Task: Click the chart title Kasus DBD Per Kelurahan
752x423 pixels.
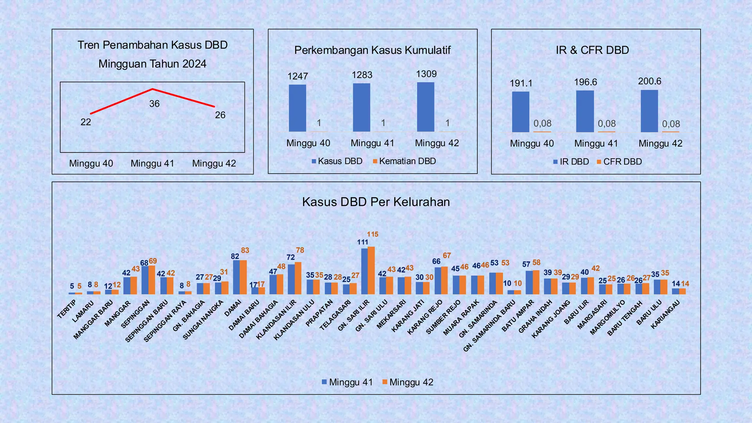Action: [376, 202]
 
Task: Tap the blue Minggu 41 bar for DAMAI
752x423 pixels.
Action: [236, 277]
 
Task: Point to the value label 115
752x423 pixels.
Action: [372, 234]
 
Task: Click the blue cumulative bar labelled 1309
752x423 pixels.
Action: [426, 107]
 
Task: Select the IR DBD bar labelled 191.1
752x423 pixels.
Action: [520, 112]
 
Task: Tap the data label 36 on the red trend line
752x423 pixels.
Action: [154, 104]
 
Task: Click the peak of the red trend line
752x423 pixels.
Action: [152, 89]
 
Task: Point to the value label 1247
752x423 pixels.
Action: [297, 76]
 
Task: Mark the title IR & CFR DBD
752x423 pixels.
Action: [592, 50]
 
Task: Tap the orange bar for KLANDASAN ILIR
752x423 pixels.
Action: [298, 278]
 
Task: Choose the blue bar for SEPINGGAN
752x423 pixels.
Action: [145, 280]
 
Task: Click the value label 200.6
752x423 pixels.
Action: [649, 81]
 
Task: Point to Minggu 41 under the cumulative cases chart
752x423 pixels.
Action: [372, 143]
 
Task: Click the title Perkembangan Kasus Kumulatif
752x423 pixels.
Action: [372, 50]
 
